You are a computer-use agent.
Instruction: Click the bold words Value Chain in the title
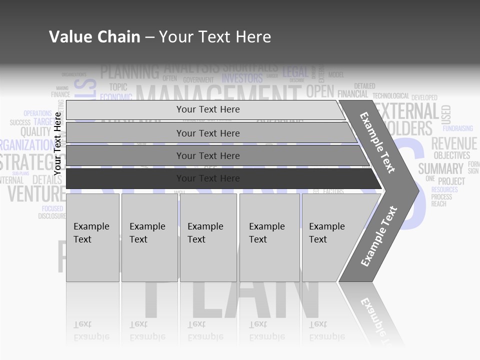pyautogui.click(x=94, y=37)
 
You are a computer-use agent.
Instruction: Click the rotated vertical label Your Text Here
pyautogui.click(x=57, y=143)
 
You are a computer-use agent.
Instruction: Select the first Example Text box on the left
pyautogui.click(x=92, y=237)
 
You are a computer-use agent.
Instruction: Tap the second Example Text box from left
pyautogui.click(x=149, y=237)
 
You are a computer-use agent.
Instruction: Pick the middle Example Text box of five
pyautogui.click(x=208, y=237)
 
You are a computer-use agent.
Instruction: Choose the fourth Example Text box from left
pyautogui.click(x=269, y=237)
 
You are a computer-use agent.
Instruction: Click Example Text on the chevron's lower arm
pyautogui.click(x=379, y=236)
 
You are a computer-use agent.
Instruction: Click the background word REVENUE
pyautogui.click(x=454, y=144)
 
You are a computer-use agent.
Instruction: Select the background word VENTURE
pyautogui.click(x=36, y=193)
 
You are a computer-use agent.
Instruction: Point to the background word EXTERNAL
pyautogui.click(x=407, y=111)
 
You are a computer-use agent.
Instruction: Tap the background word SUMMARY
pyautogui.click(x=441, y=168)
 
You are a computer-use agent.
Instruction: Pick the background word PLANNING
pyautogui.click(x=129, y=72)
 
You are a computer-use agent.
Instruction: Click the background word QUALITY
pyautogui.click(x=35, y=132)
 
